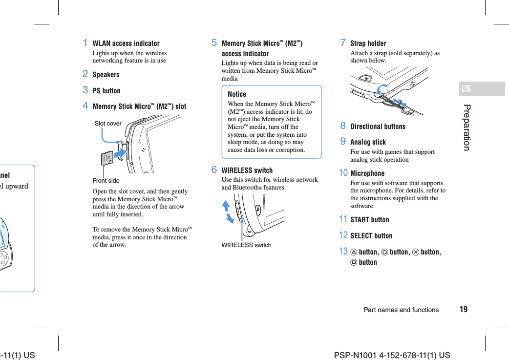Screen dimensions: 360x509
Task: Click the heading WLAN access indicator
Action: [126, 43]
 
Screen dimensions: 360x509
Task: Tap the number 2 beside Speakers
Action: [85, 74]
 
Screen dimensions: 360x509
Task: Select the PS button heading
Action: [106, 91]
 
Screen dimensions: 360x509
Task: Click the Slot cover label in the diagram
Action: [108, 124]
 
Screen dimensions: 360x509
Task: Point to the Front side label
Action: [106, 181]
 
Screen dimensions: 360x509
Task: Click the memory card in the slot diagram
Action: [107, 158]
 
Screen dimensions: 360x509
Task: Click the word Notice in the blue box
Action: [237, 94]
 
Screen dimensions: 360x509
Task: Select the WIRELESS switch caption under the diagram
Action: [246, 245]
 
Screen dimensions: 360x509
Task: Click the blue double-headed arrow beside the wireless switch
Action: [227, 212]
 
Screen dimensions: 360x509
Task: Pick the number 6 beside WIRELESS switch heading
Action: [214, 170]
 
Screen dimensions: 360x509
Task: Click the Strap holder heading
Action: [368, 43]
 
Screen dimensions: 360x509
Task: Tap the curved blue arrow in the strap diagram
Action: [382, 89]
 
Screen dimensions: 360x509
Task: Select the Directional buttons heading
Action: [378, 127]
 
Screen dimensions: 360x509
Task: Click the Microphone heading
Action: [367, 173]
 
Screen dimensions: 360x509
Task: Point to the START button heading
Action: [370, 220]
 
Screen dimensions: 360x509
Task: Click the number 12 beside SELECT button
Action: [343, 235]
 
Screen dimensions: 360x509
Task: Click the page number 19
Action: [463, 310]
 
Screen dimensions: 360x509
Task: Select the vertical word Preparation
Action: [467, 127]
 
